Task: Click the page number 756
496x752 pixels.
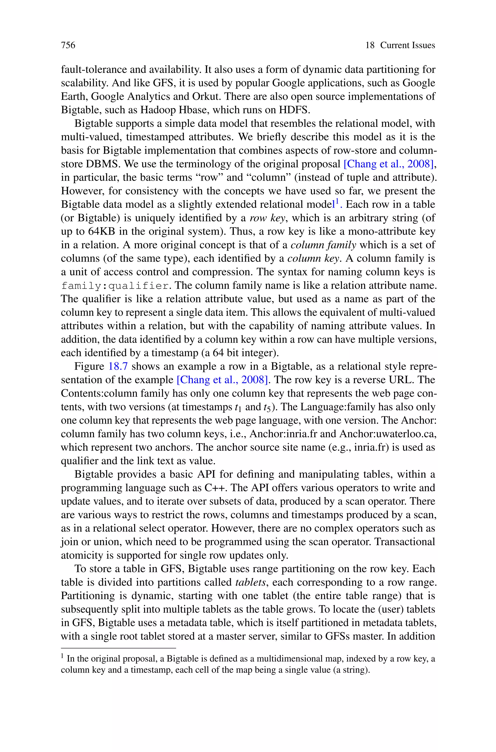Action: (68, 45)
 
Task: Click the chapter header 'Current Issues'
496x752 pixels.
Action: (407, 45)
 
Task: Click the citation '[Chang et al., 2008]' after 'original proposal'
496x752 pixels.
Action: (388, 164)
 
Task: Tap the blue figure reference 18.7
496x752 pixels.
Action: (118, 366)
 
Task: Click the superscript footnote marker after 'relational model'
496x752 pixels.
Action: (337, 201)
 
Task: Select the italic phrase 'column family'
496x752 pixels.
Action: (323, 245)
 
